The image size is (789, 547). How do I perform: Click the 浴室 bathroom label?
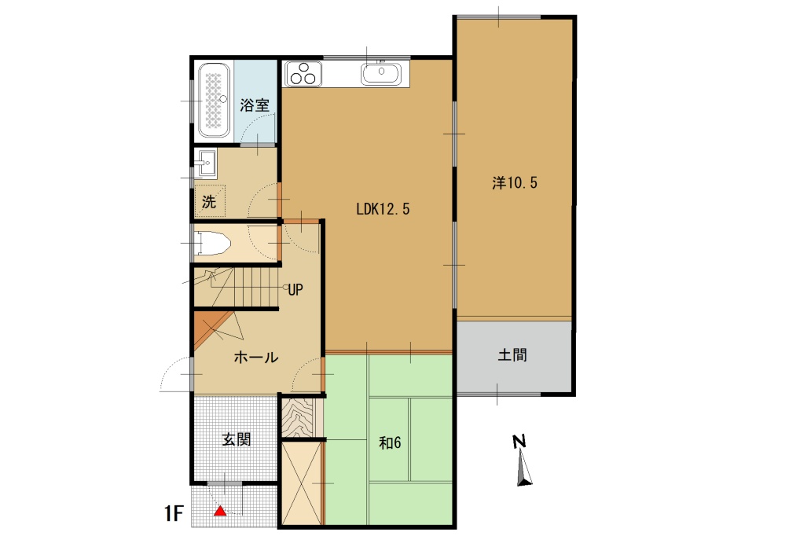[x=255, y=105]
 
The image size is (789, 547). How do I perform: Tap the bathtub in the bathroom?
[x=214, y=101]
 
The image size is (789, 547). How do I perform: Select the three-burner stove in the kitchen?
[x=304, y=74]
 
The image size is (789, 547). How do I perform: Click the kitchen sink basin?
[x=381, y=74]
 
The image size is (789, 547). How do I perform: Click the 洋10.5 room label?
[x=515, y=183]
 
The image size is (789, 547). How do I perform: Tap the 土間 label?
[x=512, y=355]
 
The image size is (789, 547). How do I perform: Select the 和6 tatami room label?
[x=390, y=443]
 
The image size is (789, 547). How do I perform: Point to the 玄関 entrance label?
[x=236, y=440]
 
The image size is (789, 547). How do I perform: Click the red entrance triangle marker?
[x=221, y=512]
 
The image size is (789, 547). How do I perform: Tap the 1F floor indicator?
[x=174, y=516]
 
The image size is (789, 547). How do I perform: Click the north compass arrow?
[x=524, y=471]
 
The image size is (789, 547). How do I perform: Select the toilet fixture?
[x=213, y=244]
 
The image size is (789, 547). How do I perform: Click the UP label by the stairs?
[x=295, y=288]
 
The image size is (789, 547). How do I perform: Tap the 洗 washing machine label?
[x=208, y=201]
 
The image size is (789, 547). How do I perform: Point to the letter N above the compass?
[x=519, y=442]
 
